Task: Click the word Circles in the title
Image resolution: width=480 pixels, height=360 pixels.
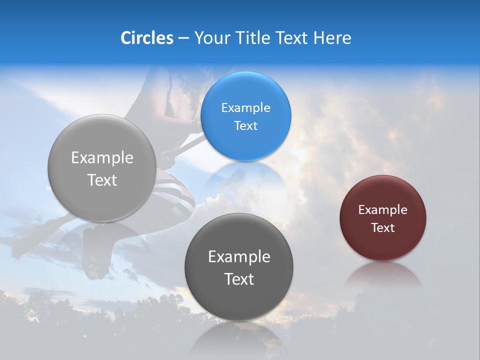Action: pos(146,38)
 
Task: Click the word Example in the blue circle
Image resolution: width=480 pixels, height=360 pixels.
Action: pos(245,108)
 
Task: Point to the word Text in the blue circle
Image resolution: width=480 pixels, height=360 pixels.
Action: pos(245,125)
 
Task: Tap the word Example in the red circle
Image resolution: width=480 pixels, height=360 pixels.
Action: pos(382,210)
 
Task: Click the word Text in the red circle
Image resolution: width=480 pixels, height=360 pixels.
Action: pos(382,228)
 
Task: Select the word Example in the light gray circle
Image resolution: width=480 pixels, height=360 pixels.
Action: pos(102,158)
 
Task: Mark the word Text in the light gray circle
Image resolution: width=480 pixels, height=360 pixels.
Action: pos(102,180)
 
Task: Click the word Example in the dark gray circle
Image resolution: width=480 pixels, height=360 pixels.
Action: pos(239,257)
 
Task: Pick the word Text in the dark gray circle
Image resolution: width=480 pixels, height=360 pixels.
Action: pos(239,279)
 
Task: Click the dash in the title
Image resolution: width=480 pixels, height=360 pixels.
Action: pos(183,38)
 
